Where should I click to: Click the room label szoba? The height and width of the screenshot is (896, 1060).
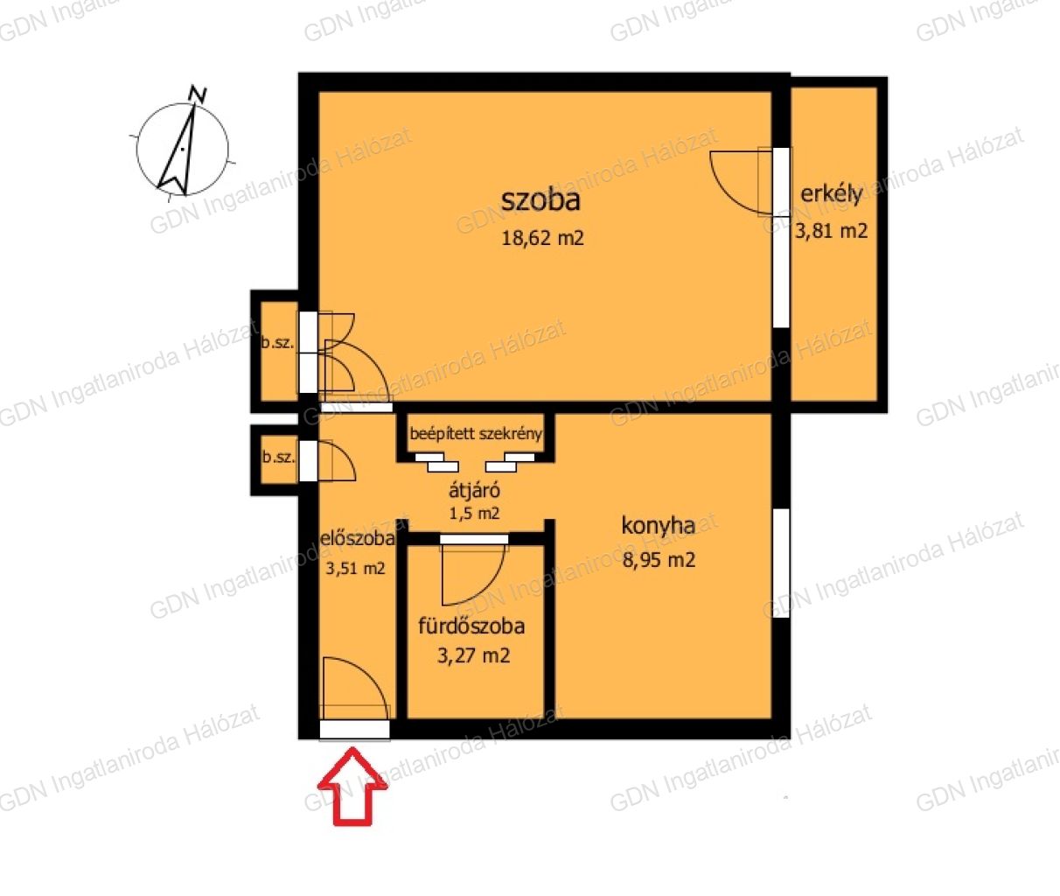click(540, 199)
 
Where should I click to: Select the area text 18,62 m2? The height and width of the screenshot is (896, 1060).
click(542, 238)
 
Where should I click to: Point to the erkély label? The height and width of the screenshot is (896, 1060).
click(831, 194)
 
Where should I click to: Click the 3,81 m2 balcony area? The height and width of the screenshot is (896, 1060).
click(831, 231)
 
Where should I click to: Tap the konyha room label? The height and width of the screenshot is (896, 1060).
click(658, 525)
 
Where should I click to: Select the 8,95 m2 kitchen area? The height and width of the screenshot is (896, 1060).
click(659, 560)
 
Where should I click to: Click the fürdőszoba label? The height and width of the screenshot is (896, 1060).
click(471, 626)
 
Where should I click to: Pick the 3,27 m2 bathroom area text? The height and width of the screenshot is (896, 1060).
click(473, 655)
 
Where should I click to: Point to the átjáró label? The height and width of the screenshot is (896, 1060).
click(474, 490)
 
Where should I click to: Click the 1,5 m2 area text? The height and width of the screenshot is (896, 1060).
click(474, 514)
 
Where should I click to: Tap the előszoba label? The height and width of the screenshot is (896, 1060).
click(358, 538)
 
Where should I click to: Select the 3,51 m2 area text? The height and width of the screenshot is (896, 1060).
click(355, 568)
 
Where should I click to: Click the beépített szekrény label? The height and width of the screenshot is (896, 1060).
click(476, 434)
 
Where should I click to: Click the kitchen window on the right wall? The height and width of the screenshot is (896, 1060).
click(781, 563)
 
